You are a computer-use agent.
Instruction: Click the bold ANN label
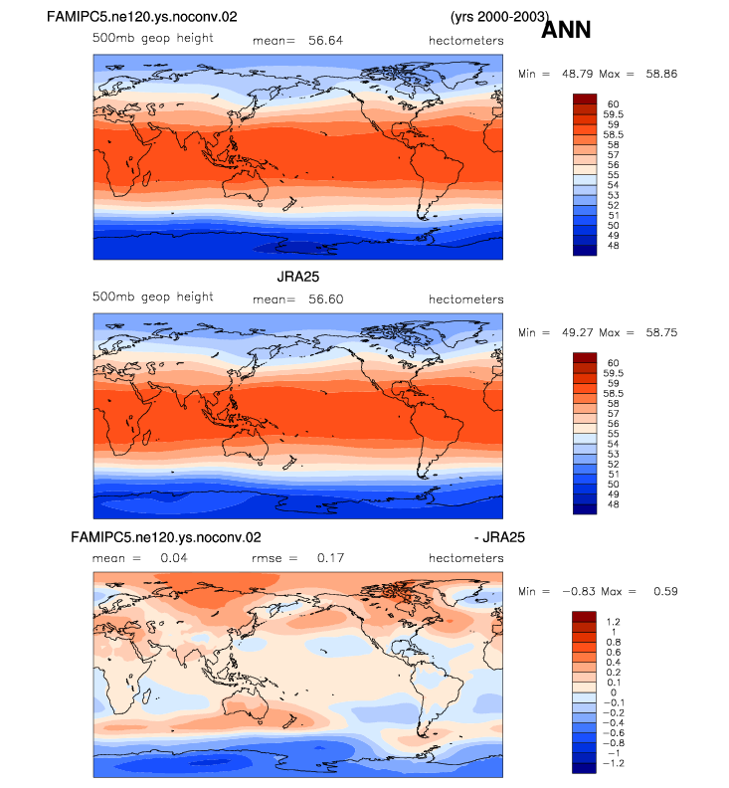[566, 30]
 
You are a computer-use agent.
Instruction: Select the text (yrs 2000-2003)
[499, 17]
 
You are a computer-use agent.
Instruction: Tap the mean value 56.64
[325, 41]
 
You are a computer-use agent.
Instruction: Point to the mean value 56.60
[325, 299]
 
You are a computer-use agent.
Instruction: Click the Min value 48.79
[577, 74]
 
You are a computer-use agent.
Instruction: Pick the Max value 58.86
[661, 74]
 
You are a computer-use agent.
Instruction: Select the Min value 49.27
[577, 332]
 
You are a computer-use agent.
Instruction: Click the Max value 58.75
[661, 332]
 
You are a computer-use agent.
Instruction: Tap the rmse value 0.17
[330, 558]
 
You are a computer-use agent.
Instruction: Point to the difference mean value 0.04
[174, 558]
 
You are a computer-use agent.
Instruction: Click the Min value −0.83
[578, 592]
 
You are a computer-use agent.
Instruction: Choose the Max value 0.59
[665, 592]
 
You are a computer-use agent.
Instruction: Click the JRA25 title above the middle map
[298, 277]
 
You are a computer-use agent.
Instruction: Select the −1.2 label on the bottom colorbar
[614, 763]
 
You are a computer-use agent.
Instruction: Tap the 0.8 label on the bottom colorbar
[614, 643]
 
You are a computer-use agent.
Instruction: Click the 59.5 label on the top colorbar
[613, 114]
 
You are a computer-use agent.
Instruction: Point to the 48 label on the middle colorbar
[613, 504]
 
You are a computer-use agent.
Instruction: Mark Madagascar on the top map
[147, 178]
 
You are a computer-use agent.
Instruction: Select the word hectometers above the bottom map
[466, 558]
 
